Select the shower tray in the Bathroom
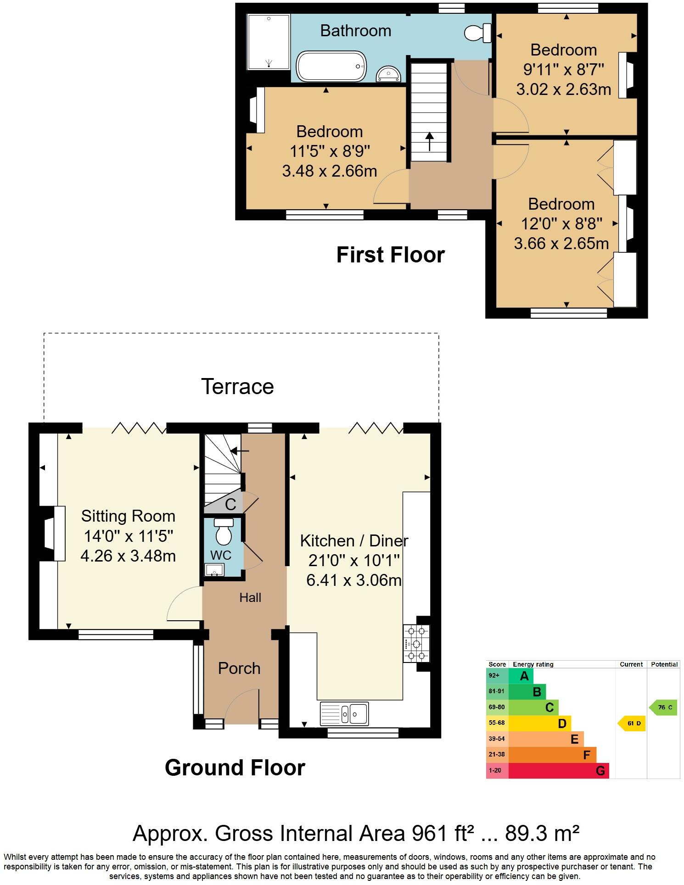coord(269,42)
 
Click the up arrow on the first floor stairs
coord(429,142)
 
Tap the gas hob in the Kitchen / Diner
coord(416,644)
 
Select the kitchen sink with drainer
coord(344,713)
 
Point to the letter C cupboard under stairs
coord(230,505)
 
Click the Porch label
coord(239,668)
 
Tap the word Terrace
coord(237,386)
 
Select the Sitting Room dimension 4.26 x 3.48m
coord(128,556)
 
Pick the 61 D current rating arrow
coord(632,724)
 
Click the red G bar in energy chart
coord(558,771)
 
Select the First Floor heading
coord(390,255)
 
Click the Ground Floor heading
coord(235,768)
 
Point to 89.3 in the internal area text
coord(526,833)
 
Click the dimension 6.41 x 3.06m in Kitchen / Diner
coord(354,580)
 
